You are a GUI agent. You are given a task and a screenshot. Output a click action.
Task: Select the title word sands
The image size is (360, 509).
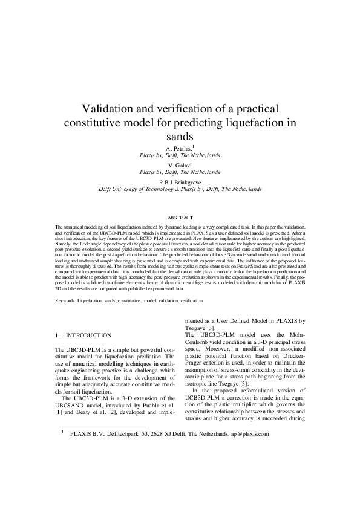180,137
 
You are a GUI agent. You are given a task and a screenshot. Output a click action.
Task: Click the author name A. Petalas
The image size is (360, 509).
178,148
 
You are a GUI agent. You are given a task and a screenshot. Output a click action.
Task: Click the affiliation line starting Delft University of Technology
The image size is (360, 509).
180,189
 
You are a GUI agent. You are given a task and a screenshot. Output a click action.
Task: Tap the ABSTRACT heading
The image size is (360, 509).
180,218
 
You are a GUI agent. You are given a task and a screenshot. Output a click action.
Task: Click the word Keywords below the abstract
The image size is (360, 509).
67,300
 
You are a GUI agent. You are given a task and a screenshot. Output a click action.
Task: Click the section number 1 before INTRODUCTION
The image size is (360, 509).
57,335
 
